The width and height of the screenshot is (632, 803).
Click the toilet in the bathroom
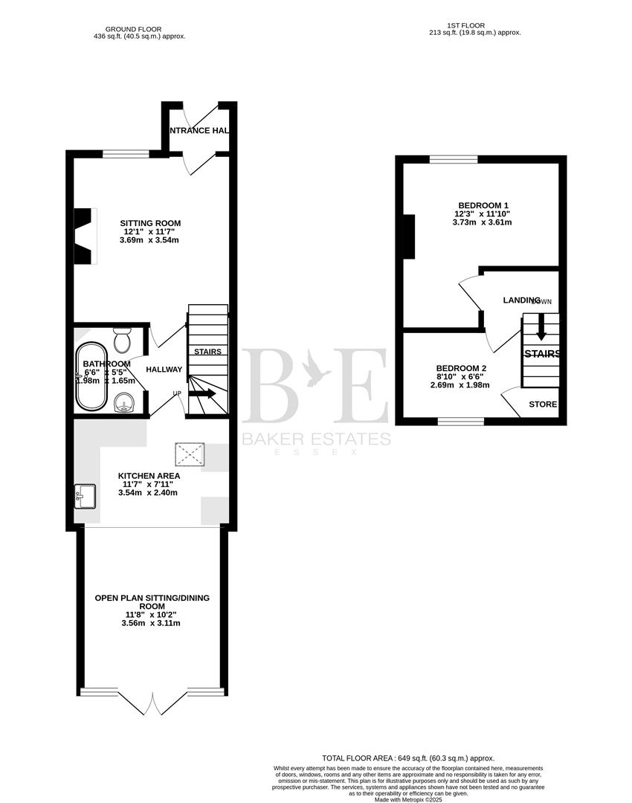coord(122,340)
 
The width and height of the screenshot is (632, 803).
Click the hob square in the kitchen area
coord(189,453)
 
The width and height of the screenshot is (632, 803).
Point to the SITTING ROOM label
coord(151,223)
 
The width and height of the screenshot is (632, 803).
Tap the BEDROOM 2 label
coord(461,368)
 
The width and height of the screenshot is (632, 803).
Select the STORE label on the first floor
coord(542,404)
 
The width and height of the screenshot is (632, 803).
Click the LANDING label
coord(521,300)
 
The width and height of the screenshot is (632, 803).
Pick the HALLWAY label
coord(164,370)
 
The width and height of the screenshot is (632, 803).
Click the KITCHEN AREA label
coord(149,476)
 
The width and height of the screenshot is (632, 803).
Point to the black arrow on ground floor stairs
coord(202,393)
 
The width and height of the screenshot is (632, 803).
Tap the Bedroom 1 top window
coord(453,158)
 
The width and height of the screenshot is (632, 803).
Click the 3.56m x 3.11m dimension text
coord(150,623)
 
